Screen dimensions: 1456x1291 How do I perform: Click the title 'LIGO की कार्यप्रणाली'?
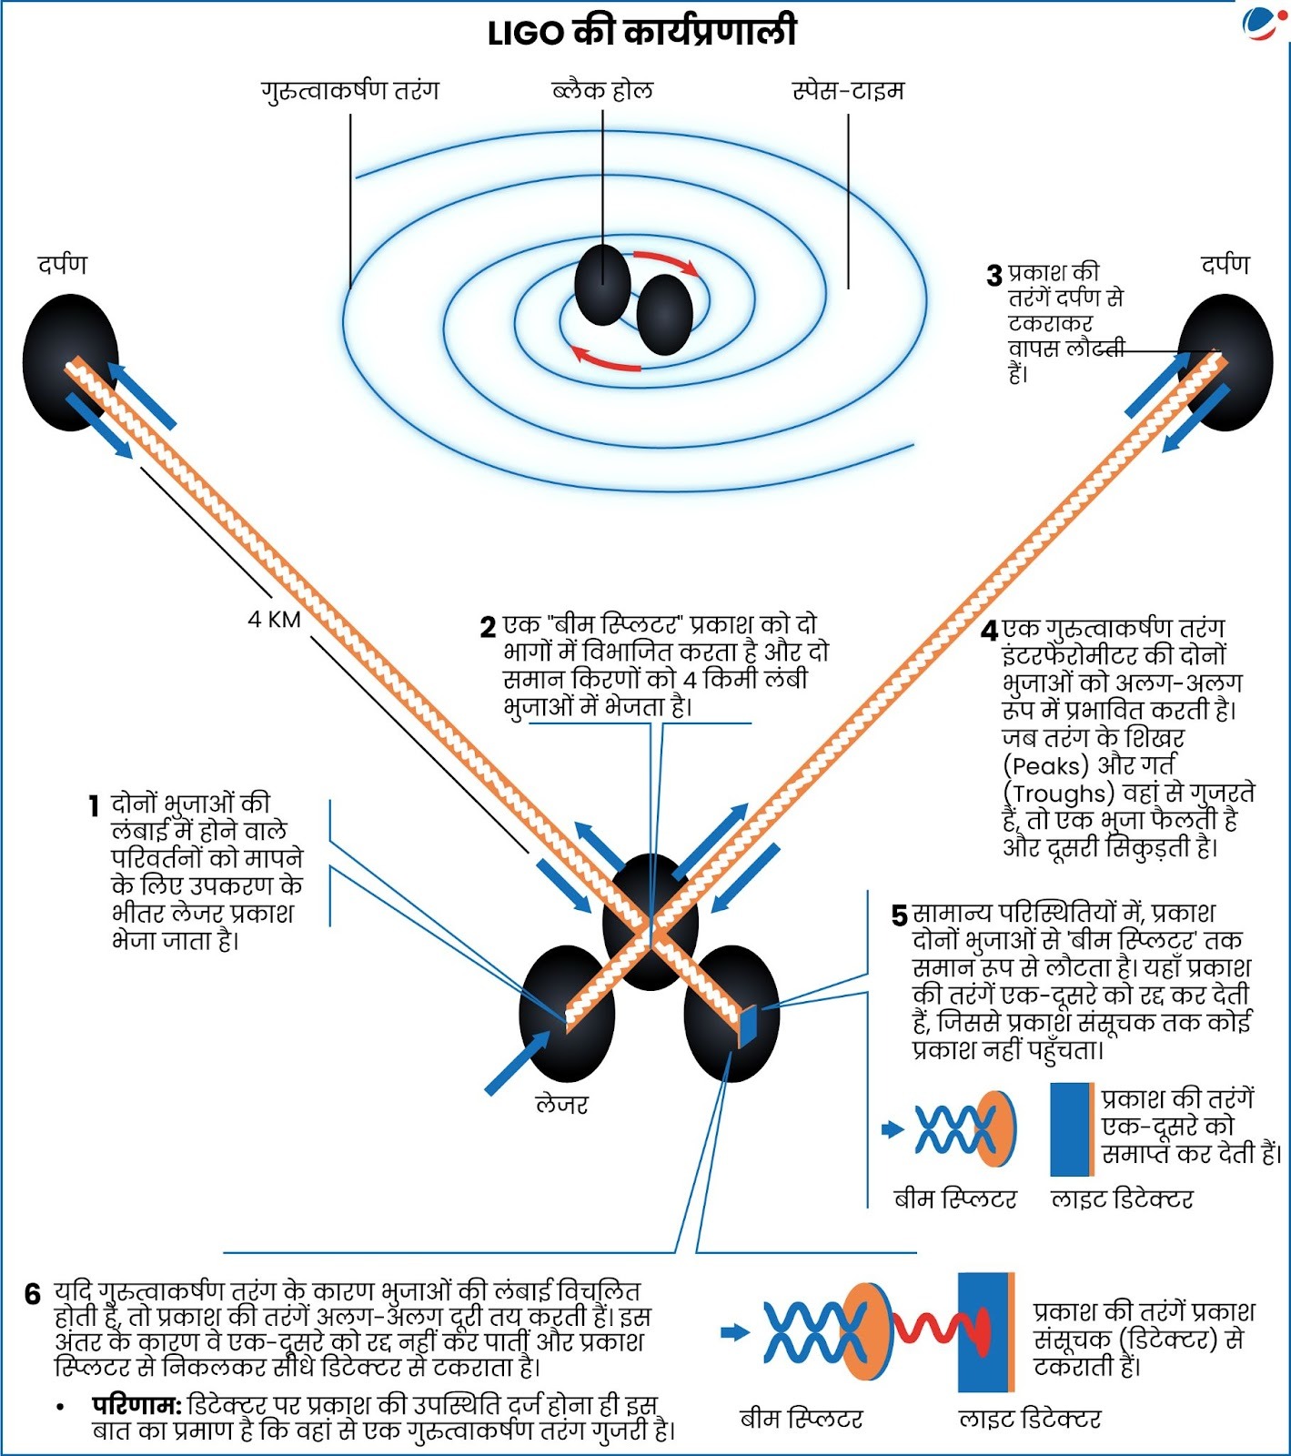642,33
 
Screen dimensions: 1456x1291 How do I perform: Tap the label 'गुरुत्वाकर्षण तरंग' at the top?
350,91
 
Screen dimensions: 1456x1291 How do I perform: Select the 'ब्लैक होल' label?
602,91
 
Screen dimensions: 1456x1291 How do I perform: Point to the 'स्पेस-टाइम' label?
848,91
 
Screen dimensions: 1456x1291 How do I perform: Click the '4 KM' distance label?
274,620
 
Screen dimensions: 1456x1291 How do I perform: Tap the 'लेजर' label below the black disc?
561,1105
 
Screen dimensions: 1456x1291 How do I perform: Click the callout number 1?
94,805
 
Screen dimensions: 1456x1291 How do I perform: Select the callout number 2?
489,628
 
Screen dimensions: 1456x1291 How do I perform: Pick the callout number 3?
994,276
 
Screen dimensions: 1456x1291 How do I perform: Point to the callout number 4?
990,631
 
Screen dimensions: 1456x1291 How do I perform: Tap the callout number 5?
899,915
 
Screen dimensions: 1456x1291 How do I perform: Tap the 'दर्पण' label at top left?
62,265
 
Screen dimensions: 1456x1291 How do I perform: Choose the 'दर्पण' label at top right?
1225,265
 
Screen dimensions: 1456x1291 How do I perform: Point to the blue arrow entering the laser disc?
517,1063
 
